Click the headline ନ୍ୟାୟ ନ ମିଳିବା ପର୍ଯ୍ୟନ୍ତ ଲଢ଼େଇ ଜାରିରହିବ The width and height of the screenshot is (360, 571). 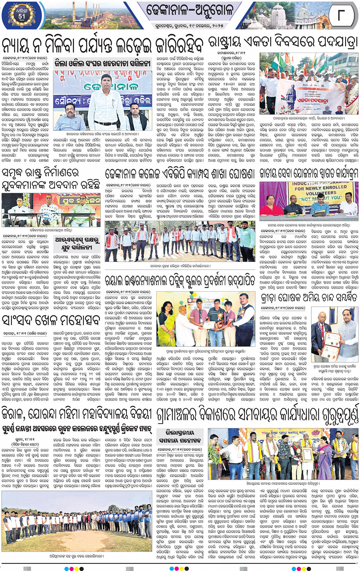coord(103,45)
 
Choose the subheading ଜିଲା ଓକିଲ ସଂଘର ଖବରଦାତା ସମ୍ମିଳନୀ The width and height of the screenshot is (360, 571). coord(102,63)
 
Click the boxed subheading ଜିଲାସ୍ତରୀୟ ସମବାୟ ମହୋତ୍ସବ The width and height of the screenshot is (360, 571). coord(180,436)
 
